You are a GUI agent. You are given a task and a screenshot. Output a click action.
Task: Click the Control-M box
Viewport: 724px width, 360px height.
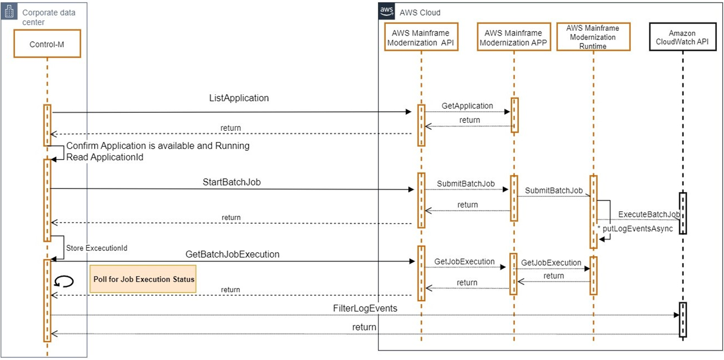point(47,44)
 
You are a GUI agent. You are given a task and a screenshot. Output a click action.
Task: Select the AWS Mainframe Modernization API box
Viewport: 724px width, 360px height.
point(421,37)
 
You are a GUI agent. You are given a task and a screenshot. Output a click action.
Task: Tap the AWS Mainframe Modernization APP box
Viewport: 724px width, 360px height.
point(513,37)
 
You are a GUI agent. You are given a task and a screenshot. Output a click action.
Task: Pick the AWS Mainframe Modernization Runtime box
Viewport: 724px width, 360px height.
point(593,37)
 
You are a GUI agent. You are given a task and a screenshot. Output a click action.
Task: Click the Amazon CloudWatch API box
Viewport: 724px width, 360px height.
point(682,37)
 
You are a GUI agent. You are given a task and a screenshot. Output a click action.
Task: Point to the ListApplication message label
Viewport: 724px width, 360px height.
point(239,98)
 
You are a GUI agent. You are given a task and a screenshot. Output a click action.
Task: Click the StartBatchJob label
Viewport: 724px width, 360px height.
point(231,182)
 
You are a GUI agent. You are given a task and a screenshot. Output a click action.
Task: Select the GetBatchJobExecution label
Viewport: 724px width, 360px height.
point(232,255)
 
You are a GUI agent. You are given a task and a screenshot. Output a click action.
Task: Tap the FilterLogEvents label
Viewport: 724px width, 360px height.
point(365,309)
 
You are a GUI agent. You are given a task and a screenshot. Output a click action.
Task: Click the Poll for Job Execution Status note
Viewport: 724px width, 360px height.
point(143,279)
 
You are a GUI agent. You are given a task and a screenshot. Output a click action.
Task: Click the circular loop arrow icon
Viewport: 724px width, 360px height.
point(64,281)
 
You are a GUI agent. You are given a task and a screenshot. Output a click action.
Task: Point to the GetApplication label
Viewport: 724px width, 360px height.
point(467,106)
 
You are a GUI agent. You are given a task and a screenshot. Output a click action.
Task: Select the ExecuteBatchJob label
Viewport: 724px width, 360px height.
point(649,214)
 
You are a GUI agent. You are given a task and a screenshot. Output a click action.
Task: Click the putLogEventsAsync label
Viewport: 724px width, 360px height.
point(637,229)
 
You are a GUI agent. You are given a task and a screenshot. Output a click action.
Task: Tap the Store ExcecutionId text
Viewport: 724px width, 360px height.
point(96,248)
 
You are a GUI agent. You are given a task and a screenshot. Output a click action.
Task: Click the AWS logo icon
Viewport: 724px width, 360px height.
point(386,11)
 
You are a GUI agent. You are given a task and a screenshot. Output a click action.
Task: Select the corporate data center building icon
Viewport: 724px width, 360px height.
point(9,11)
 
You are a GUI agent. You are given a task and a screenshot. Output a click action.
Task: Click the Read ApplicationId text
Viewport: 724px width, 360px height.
point(105,157)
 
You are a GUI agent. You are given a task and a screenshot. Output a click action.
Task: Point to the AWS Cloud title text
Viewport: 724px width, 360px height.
point(420,13)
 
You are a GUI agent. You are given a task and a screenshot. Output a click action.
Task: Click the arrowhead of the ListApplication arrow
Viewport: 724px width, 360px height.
point(408,112)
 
